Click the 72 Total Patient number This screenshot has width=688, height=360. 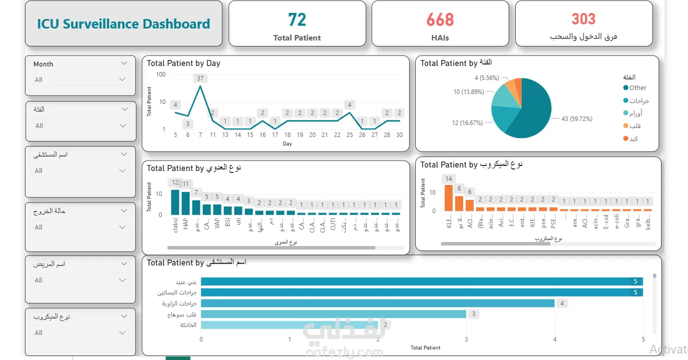[297, 20]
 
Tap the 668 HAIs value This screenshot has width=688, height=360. [440, 20]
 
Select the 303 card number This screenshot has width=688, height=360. [584, 19]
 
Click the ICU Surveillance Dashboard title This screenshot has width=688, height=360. [123, 24]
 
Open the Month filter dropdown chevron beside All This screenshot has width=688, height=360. [122, 79]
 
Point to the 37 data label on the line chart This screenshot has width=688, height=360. [200, 78]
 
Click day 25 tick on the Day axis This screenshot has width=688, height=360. [350, 135]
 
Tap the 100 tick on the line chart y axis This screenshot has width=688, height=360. [160, 74]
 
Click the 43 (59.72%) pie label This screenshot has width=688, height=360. [577, 119]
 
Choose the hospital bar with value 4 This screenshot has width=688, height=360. [378, 303]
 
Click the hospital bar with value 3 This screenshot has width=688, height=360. [333, 314]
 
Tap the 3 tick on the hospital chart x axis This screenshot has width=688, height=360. [466, 340]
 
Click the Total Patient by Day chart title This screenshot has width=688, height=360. [183, 63]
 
